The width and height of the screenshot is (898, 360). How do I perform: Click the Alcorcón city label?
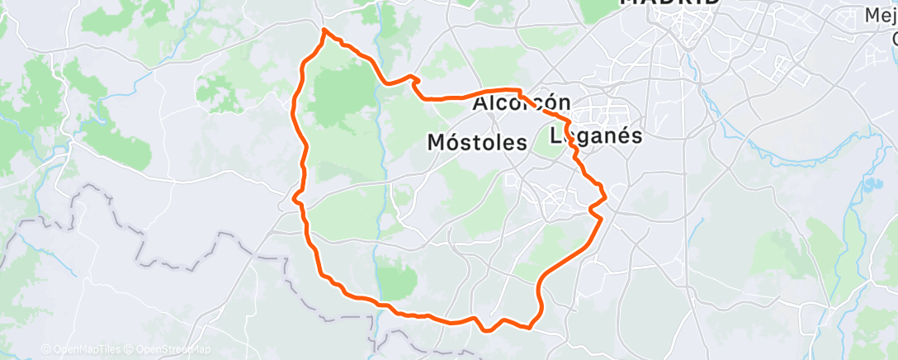pos(522,104)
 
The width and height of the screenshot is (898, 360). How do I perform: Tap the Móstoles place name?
pos(477,143)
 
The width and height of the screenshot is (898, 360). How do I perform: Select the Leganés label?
pos(595,136)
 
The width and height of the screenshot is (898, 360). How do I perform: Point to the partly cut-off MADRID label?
pos(669,2)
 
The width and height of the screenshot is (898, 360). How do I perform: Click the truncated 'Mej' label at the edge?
pos(881,15)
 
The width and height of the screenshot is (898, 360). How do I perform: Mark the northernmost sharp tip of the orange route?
pos(324,30)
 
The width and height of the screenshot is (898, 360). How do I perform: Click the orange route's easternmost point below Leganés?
pos(607,196)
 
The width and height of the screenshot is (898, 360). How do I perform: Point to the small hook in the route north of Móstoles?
pos(415,80)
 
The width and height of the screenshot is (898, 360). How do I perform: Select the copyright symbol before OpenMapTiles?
pos(45,349)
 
